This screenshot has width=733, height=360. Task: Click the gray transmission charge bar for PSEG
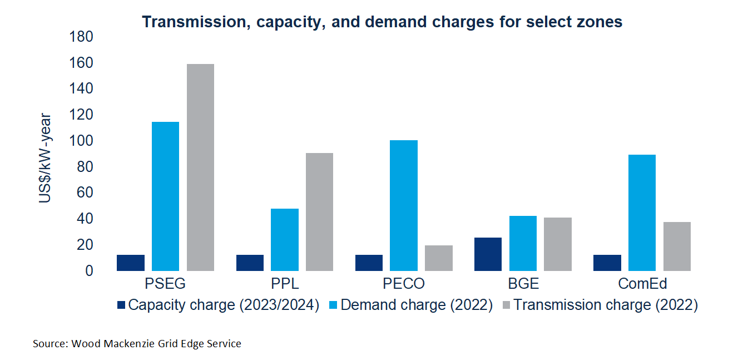click(x=200, y=167)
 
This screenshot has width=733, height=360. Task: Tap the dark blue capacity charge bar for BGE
click(x=488, y=254)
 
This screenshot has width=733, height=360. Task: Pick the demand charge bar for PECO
click(x=404, y=205)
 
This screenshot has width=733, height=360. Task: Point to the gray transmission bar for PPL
click(x=319, y=212)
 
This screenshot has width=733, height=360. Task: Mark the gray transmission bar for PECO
click(x=438, y=258)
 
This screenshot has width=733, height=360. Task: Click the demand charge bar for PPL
click(x=285, y=240)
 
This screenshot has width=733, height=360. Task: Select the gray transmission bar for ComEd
click(x=676, y=246)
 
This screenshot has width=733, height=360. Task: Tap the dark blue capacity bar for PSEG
click(x=131, y=263)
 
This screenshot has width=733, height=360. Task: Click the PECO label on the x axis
click(x=404, y=284)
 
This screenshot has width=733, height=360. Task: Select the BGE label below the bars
click(x=523, y=284)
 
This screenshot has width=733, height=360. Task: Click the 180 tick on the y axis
click(x=81, y=37)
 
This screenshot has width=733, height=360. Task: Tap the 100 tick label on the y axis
click(x=81, y=141)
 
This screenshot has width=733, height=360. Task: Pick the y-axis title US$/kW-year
click(x=46, y=159)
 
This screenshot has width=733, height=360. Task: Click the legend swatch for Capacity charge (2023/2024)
click(x=122, y=305)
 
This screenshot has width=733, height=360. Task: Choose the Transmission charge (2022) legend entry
click(x=604, y=305)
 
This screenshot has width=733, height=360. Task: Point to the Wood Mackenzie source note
click(x=137, y=344)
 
